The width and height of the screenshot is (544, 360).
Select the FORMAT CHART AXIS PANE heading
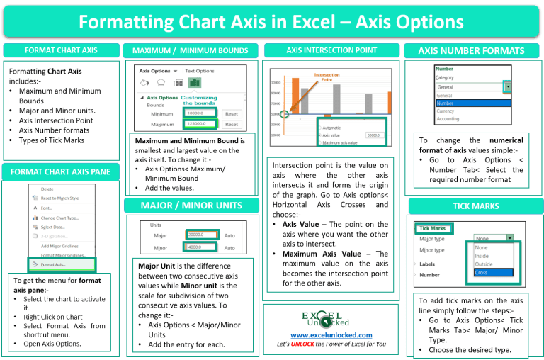61,171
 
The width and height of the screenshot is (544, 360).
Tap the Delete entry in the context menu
47,189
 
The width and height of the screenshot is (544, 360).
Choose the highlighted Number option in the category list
471,103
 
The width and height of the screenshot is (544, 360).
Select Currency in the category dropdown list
446,111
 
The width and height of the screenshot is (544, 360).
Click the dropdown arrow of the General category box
508,86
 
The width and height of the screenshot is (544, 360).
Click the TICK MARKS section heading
475,206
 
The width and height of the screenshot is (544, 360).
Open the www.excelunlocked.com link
331,335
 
